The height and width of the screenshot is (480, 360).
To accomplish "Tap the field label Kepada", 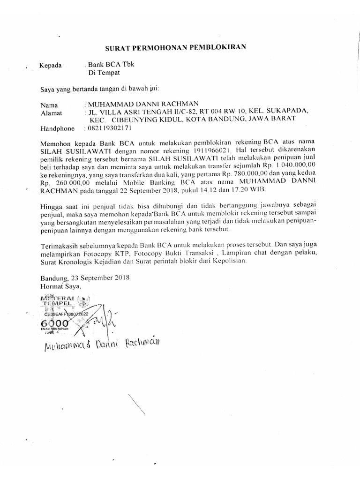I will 51,66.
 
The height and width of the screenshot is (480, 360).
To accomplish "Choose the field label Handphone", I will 57,128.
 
